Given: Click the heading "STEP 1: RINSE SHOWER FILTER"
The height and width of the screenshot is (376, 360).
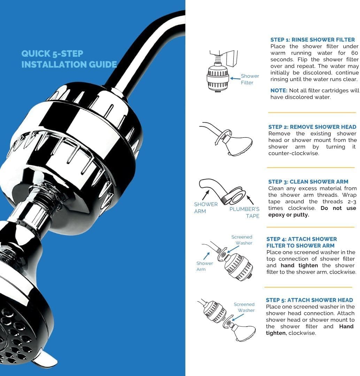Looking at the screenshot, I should [x=313, y=40].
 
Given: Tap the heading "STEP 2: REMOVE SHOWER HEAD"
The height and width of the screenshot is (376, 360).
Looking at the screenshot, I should [x=312, y=127].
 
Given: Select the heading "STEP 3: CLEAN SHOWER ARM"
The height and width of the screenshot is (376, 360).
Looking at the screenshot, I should [x=308, y=182].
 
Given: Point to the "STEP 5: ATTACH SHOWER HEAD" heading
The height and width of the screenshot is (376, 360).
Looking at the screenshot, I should [x=309, y=300].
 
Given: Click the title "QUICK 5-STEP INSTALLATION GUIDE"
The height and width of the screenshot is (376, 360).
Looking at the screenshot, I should [x=69, y=59].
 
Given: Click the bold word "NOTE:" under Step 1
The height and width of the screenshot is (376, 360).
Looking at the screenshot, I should [x=279, y=91].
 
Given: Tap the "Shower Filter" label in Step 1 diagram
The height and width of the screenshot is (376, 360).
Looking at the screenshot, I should [x=250, y=79].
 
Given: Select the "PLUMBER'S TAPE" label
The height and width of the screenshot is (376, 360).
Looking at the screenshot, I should [x=244, y=212].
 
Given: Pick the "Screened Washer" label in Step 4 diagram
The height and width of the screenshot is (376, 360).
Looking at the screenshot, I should [x=242, y=240].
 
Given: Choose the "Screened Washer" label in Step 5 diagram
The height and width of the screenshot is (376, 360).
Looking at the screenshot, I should [x=244, y=307].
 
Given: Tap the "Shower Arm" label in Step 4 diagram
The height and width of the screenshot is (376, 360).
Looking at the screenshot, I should [x=205, y=266].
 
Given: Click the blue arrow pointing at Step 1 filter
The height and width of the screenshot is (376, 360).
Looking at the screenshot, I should [x=235, y=79].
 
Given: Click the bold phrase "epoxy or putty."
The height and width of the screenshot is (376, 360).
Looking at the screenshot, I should [x=289, y=215].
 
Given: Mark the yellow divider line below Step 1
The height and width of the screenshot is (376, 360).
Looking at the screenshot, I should [x=312, y=113].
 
